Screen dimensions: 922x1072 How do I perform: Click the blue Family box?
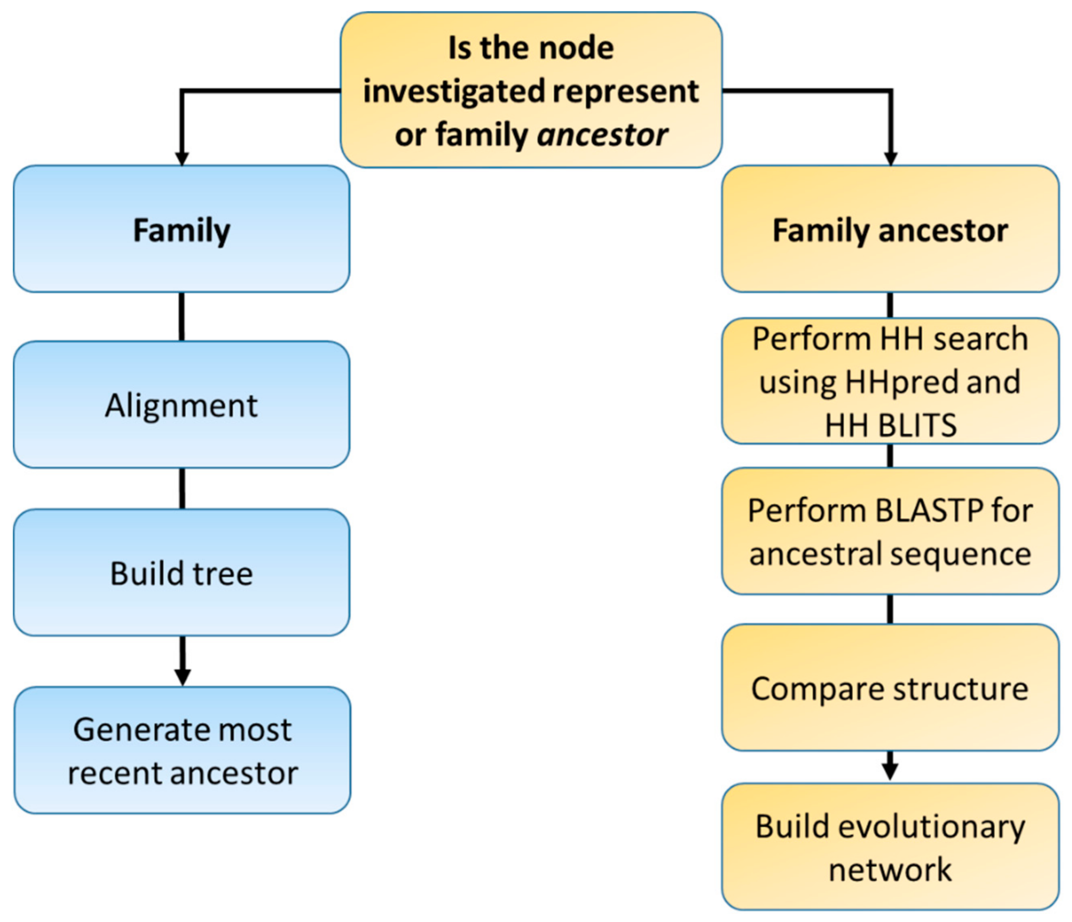(181, 229)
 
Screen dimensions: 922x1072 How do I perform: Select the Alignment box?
(181, 405)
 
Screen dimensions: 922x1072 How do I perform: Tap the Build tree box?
(181, 573)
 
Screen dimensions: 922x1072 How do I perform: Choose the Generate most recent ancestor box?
(182, 750)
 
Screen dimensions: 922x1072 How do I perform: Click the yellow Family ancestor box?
(890, 229)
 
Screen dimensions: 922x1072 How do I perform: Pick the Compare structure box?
(890, 688)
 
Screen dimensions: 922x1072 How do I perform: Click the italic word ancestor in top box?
(602, 135)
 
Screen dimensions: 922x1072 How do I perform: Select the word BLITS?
(916, 425)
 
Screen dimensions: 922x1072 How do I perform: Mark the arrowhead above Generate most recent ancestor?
(182, 676)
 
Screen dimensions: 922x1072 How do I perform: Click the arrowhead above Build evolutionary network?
(890, 772)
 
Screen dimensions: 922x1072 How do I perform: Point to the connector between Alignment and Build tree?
(181, 488)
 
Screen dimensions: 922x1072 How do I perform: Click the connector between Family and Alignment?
(181, 316)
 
